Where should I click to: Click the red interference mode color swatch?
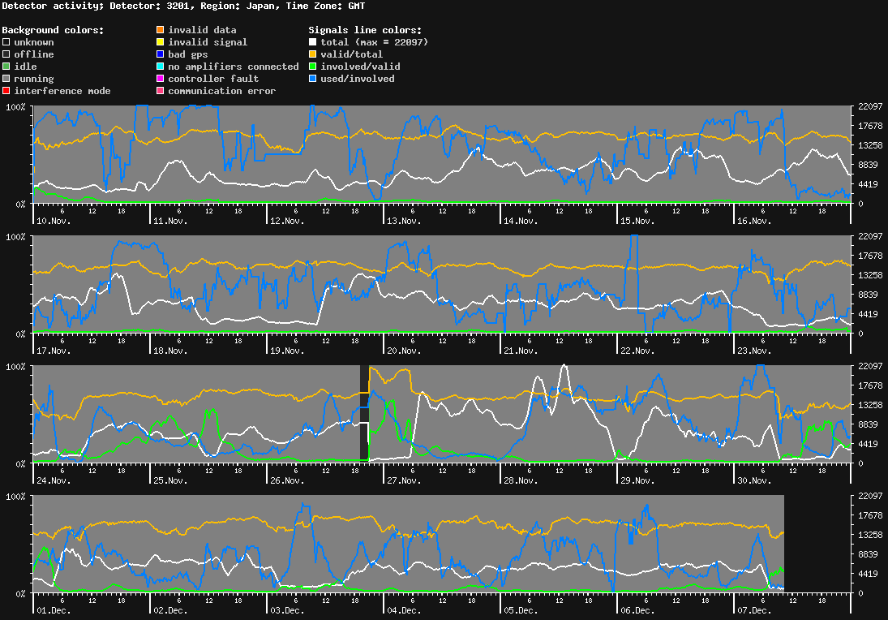pyautogui.click(x=6, y=91)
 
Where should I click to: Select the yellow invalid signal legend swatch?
pyautogui.click(x=161, y=42)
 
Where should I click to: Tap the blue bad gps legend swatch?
pyautogui.click(x=161, y=54)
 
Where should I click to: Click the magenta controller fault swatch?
pyautogui.click(x=161, y=79)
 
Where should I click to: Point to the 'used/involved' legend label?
pyautogui.click(x=357, y=79)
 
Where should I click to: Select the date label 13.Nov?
pyautogui.click(x=403, y=221)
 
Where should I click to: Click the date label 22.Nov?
pyautogui.click(x=637, y=351)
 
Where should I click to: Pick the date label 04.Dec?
pyautogui.click(x=403, y=610)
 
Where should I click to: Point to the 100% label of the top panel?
pyautogui.click(x=16, y=107)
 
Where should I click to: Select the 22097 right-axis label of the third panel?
pyautogui.click(x=870, y=366)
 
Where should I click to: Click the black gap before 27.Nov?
pyautogui.click(x=364, y=414)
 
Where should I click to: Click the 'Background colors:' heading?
pyautogui.click(x=53, y=30)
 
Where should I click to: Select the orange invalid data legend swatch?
pyautogui.click(x=161, y=30)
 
